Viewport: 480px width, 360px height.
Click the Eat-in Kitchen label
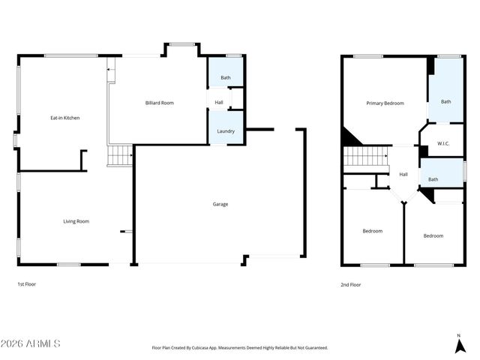click(x=65, y=118)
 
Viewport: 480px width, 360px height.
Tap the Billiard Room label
click(x=159, y=103)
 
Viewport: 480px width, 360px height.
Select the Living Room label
click(x=76, y=221)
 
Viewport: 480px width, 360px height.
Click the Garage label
click(x=220, y=204)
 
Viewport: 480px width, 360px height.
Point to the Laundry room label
click(x=226, y=131)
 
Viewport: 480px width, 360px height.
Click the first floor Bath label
click(x=226, y=78)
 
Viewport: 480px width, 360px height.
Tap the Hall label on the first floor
click(x=219, y=103)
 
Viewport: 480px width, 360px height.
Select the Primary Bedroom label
click(x=385, y=103)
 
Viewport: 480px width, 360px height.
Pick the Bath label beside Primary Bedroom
click(x=445, y=101)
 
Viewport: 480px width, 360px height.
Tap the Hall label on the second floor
click(x=403, y=174)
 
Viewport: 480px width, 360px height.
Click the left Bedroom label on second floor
click(x=373, y=231)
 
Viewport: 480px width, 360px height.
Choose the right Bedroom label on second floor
click(x=433, y=235)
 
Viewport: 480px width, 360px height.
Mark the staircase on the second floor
click(x=366, y=157)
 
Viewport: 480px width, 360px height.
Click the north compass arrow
click(x=458, y=345)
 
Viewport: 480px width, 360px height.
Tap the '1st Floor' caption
click(x=26, y=284)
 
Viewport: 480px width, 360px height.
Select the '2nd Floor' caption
click(x=351, y=284)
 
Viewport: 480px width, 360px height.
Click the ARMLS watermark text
click(x=31, y=343)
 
